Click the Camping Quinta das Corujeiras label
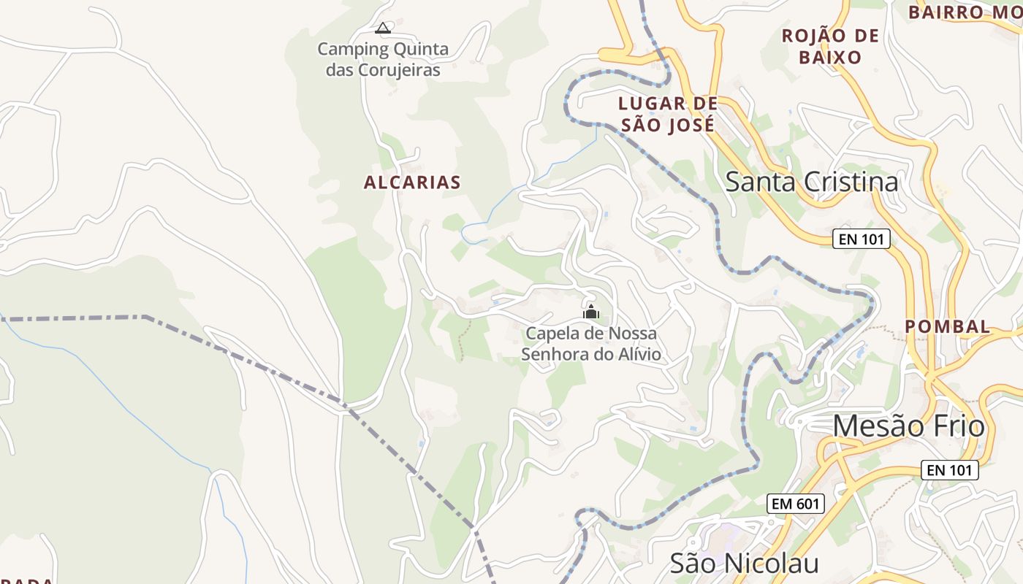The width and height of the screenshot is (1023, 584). click(x=383, y=60)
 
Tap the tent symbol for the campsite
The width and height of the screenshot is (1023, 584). click(x=383, y=28)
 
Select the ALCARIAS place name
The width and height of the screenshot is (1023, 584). click(x=412, y=182)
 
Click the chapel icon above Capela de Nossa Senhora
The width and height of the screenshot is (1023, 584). click(x=591, y=312)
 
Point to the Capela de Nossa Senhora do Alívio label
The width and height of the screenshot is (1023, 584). click(x=591, y=344)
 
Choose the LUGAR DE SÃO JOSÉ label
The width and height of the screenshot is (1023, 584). click(x=668, y=114)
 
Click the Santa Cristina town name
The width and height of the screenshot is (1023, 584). click(x=811, y=182)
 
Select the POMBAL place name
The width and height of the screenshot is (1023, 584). click(x=948, y=326)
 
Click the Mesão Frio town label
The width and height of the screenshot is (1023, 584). click(x=908, y=426)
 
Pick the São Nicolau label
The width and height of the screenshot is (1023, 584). click(x=744, y=563)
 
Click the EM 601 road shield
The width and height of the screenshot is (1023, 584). click(x=796, y=504)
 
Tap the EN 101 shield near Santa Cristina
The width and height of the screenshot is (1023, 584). click(x=862, y=239)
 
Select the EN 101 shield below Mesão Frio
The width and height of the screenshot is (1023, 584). click(x=949, y=470)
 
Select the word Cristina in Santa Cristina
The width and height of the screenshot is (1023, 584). click(x=851, y=182)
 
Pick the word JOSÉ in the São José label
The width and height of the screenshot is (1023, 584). click(x=691, y=125)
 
